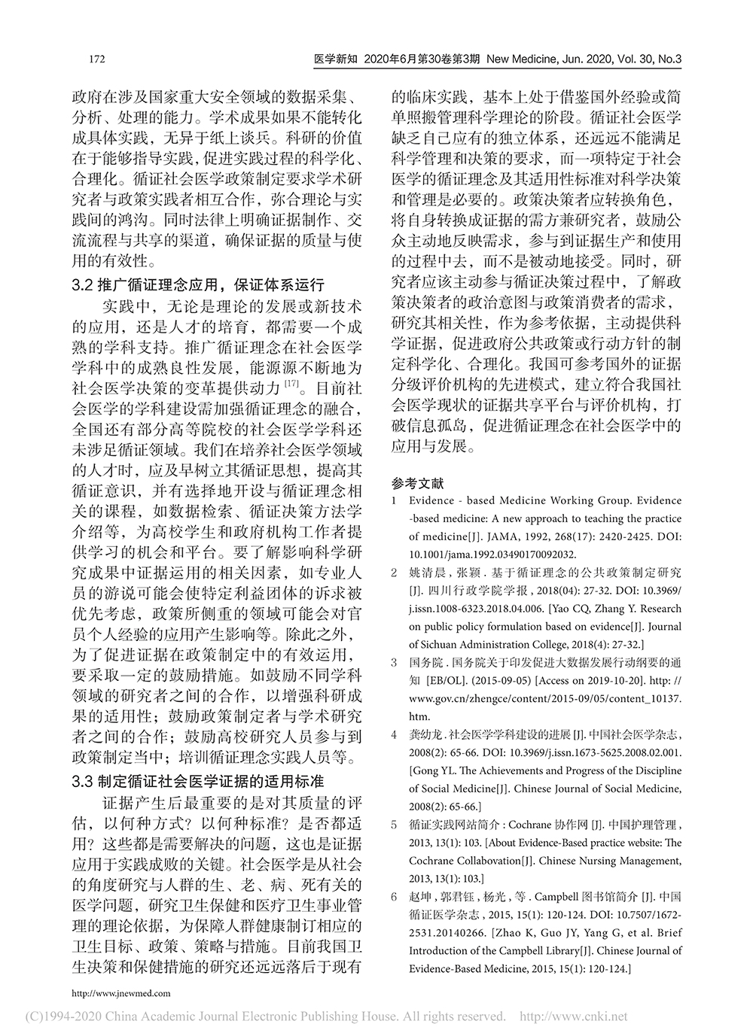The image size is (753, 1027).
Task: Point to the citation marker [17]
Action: [x=291, y=386]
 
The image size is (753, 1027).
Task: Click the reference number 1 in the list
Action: [x=395, y=501]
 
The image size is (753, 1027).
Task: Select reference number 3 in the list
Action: [x=395, y=663]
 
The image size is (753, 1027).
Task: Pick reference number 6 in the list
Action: [x=395, y=897]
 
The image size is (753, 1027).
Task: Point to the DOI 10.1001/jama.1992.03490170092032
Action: [x=492, y=555]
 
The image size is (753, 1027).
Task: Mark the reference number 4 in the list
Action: [x=395, y=735]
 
